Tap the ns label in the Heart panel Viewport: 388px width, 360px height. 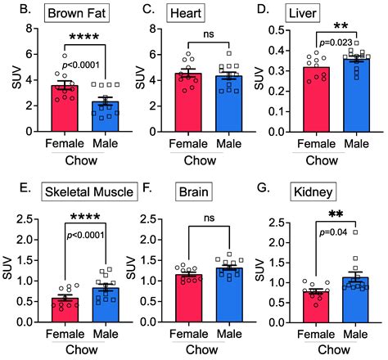click(209, 35)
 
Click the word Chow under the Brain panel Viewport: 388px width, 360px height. click(208, 352)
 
